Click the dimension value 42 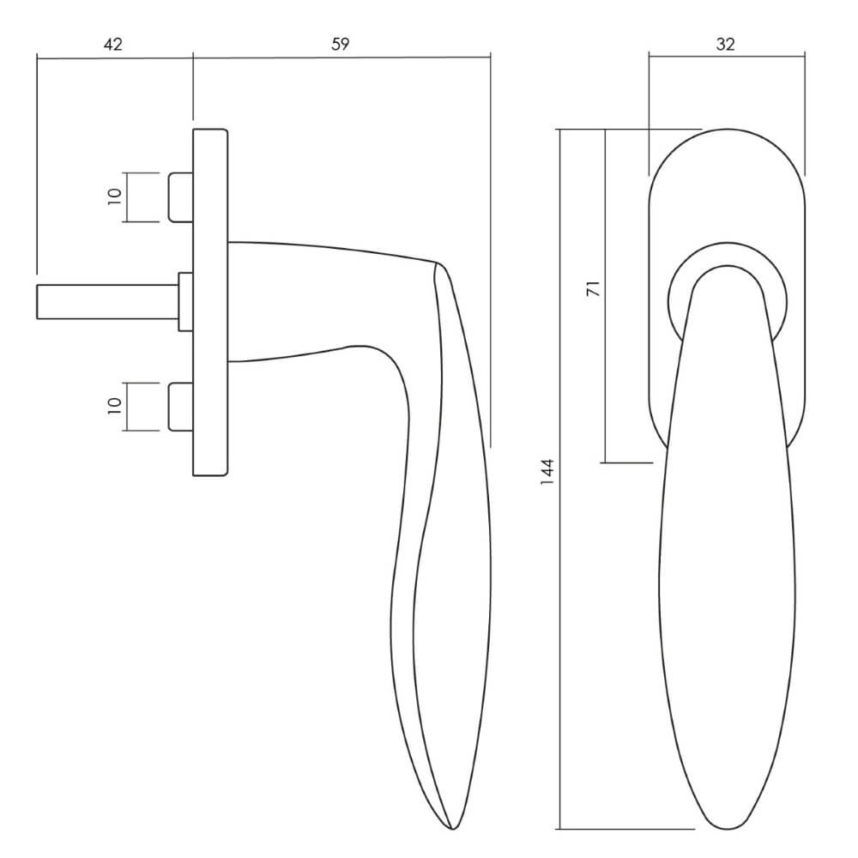112,45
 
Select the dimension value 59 340,45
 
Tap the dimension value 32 725,45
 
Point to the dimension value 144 547,471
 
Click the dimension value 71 593,288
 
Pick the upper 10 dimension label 114,196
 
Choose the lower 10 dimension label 114,406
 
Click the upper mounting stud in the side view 180,197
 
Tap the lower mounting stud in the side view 180,407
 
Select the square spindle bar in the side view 108,301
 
